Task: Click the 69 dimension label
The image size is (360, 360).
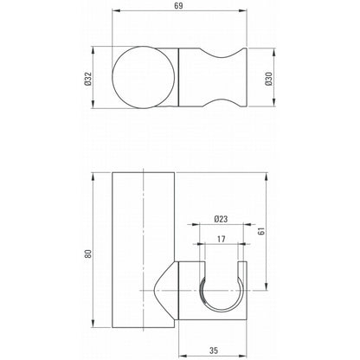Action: pyautogui.click(x=179, y=5)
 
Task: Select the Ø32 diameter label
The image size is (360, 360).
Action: pyautogui.click(x=88, y=79)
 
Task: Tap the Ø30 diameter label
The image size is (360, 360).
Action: pyautogui.click(x=269, y=79)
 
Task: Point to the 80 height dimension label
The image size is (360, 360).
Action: pyautogui.click(x=88, y=254)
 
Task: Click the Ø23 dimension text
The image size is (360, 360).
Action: pyautogui.click(x=221, y=219)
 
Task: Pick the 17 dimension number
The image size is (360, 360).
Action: pyautogui.click(x=222, y=239)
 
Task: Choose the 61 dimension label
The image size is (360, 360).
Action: pyautogui.click(x=261, y=231)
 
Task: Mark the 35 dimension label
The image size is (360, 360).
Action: pyautogui.click(x=214, y=350)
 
